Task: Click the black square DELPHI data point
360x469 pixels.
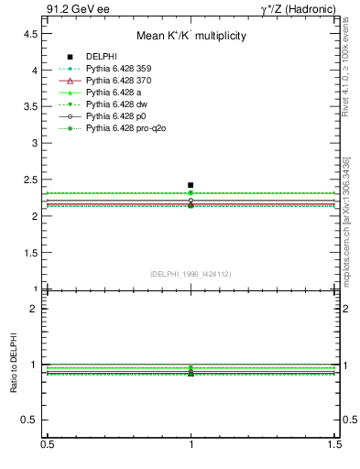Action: [x=191, y=185]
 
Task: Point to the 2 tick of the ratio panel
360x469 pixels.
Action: [x=33, y=309]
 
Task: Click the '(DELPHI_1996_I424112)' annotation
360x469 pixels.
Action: [x=191, y=273]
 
